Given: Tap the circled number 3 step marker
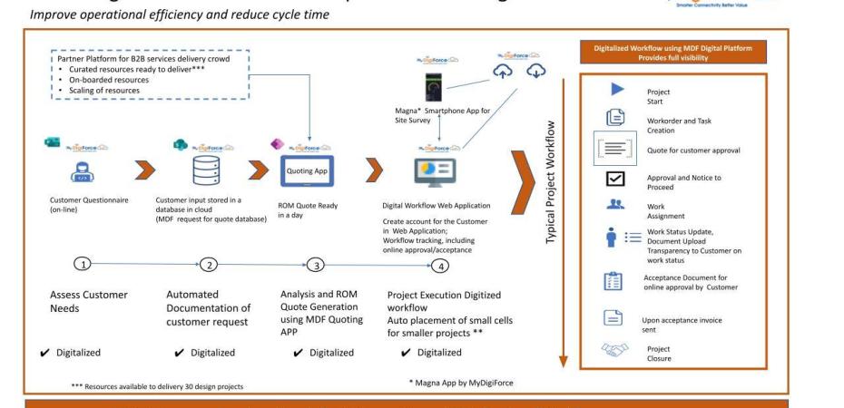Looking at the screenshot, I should coord(315,265).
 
